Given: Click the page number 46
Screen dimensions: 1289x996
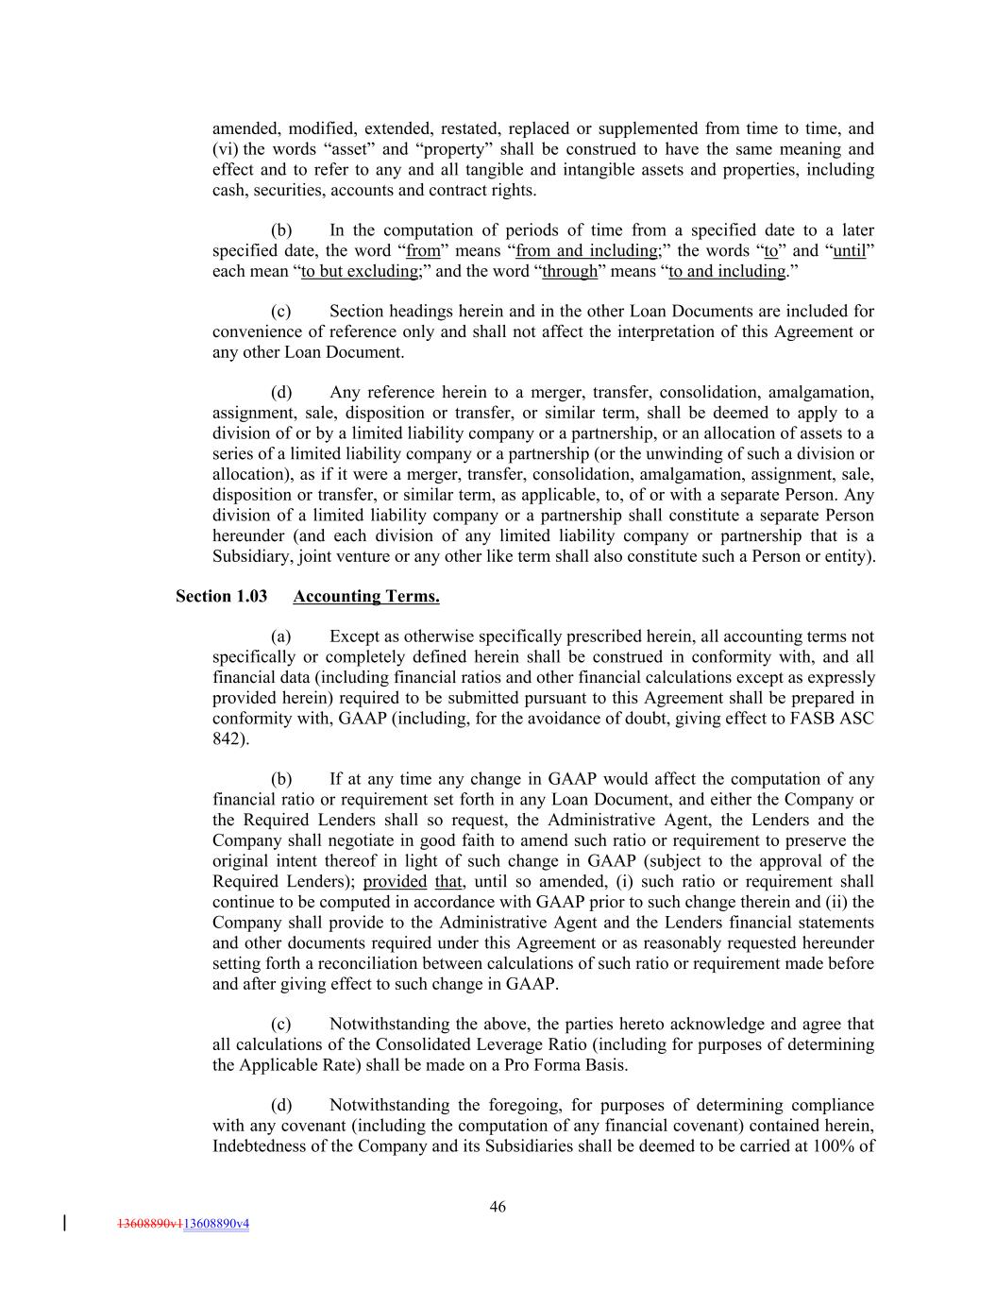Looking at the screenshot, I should tap(498, 1206).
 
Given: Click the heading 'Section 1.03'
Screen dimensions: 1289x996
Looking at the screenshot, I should tap(221, 596).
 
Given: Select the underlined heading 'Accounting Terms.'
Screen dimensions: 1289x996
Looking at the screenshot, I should tap(366, 596).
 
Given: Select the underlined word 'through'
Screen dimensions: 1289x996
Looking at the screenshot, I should tap(569, 271).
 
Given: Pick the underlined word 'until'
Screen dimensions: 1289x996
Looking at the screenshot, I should tap(849, 250).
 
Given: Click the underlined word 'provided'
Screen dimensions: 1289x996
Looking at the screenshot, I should tap(395, 881).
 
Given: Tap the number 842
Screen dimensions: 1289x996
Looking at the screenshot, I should tap(227, 738).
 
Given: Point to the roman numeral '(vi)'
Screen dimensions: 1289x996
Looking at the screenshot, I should tap(227, 148).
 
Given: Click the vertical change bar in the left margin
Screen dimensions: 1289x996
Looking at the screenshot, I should tap(64, 1223).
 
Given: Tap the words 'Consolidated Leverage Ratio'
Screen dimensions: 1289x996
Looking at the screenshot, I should tap(472, 1043).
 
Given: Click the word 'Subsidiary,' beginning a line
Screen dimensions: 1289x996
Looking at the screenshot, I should tap(252, 555).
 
